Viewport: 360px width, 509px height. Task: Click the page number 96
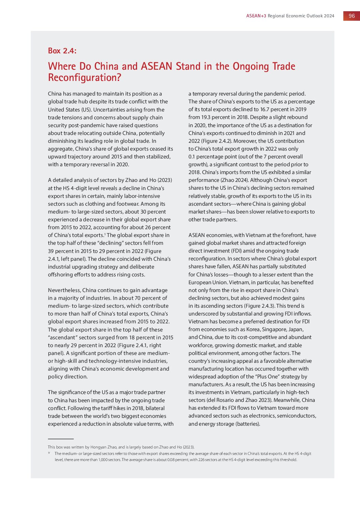(x=351, y=16)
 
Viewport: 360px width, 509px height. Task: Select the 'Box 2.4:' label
(x=62, y=51)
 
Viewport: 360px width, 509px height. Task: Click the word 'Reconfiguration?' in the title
(x=84, y=78)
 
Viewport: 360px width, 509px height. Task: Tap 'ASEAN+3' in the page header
(x=256, y=16)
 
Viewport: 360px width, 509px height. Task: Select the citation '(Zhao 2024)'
(x=234, y=180)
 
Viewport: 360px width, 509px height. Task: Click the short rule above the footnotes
(x=61, y=439)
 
